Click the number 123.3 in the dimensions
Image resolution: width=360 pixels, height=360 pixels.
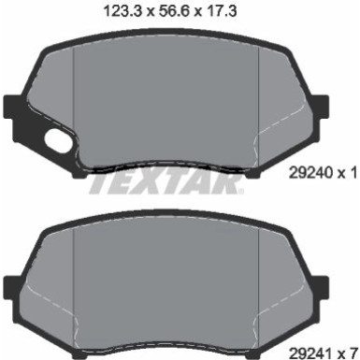click(x=129, y=11)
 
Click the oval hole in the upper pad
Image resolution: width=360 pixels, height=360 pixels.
click(x=56, y=143)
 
